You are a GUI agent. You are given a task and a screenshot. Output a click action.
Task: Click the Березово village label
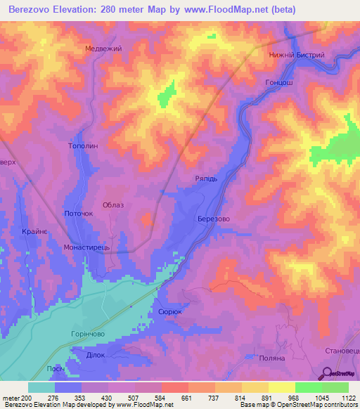214,219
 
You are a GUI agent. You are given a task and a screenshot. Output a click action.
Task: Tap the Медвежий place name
103,48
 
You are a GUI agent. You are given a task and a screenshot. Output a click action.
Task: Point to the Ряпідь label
210,178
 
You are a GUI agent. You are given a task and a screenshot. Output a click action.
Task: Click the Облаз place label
113,204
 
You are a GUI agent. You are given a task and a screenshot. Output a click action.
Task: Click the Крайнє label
34,233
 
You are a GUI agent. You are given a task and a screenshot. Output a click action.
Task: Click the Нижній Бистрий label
296,55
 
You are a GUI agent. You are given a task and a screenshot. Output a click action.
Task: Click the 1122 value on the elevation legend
347,398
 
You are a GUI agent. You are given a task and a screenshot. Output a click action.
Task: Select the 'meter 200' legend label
15,398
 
